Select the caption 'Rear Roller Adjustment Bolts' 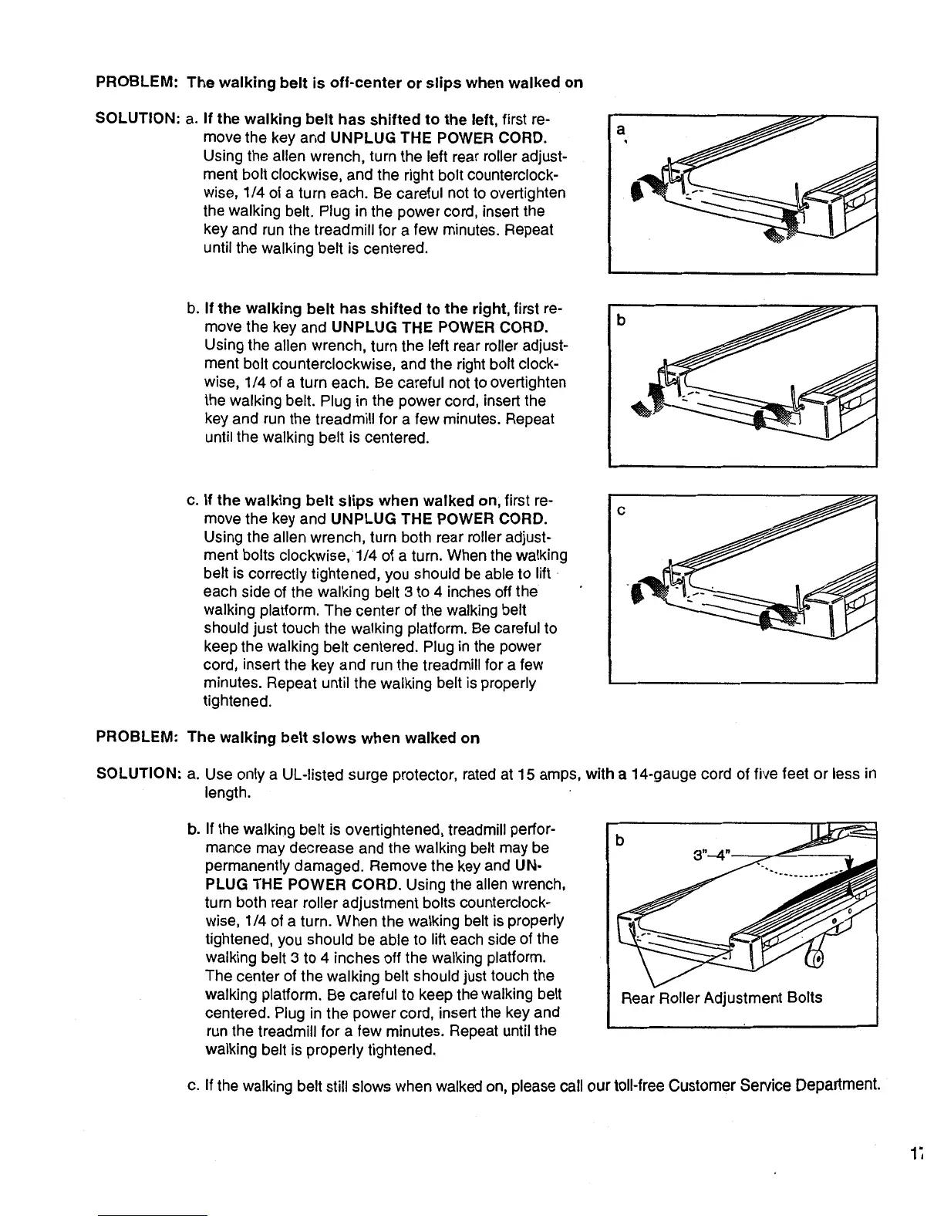[722, 998]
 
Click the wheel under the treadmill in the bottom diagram [815, 957]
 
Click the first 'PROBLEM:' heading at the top [137, 83]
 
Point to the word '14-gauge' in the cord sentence [660, 775]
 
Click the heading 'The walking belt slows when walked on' [333, 738]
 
